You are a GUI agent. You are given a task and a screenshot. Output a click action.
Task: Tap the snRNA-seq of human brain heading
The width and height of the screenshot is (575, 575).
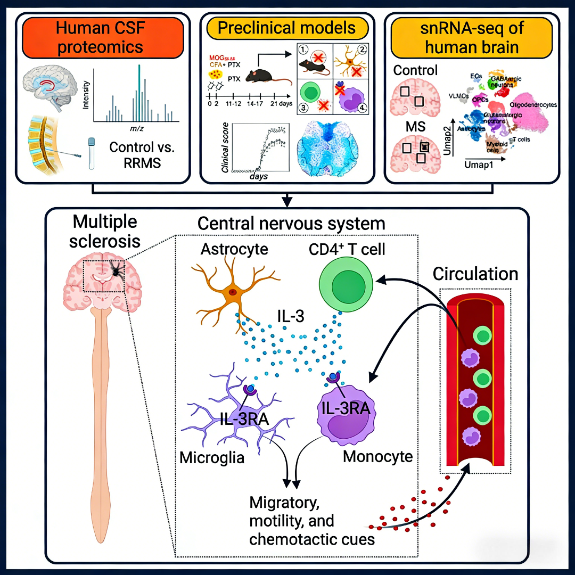pyautogui.click(x=471, y=37)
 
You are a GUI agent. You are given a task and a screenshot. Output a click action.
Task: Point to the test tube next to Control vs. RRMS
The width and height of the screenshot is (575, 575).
pyautogui.click(x=92, y=153)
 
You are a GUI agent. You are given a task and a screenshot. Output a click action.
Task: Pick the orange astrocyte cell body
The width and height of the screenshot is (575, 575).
pyautogui.click(x=232, y=293)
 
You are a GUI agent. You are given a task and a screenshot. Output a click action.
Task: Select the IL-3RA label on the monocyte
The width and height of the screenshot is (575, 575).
pyautogui.click(x=346, y=409)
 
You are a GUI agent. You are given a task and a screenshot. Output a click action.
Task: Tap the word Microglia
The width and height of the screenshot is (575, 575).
pyautogui.click(x=211, y=457)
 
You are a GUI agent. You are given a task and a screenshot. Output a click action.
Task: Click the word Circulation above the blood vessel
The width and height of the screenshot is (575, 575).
pyautogui.click(x=475, y=274)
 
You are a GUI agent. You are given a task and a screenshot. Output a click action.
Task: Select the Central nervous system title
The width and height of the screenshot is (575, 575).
pyautogui.click(x=291, y=224)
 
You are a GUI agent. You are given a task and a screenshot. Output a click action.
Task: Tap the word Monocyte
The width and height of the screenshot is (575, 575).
pyautogui.click(x=377, y=456)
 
